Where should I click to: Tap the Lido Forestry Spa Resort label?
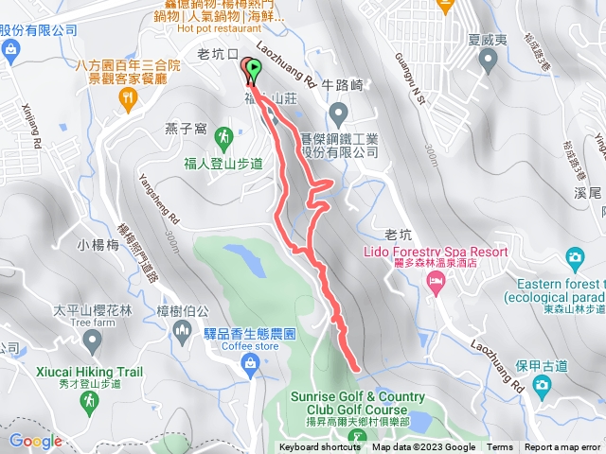pyautogui.click(x=435, y=253)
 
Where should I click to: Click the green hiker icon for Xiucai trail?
pyautogui.click(x=87, y=403)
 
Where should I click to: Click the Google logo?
pyautogui.click(x=35, y=441)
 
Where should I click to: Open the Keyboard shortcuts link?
pyautogui.click(x=320, y=447)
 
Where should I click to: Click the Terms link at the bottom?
pyautogui.click(x=500, y=447)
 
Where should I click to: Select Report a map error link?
pyautogui.click(x=562, y=447)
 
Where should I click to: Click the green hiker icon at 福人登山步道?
pyautogui.click(x=223, y=137)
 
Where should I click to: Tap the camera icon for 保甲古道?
pyautogui.click(x=541, y=385)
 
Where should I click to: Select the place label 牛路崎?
pyautogui.click(x=344, y=83)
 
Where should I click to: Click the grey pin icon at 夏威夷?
pyautogui.click(x=489, y=61)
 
